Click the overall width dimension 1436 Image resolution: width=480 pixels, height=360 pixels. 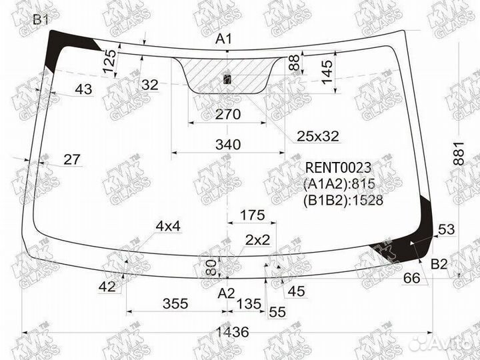[233, 332]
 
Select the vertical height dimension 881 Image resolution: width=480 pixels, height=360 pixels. [459, 154]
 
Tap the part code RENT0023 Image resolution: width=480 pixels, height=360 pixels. [338, 168]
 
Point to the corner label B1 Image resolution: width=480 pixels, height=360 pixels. [41, 20]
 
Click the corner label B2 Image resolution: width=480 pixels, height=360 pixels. [439, 264]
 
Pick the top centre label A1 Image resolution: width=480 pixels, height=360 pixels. [224, 39]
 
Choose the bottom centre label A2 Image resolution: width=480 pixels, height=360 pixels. [226, 293]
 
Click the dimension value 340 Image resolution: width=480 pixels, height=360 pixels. [228, 145]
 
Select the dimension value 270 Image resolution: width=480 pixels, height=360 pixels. [228, 115]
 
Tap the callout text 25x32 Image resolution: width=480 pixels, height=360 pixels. [318, 136]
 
